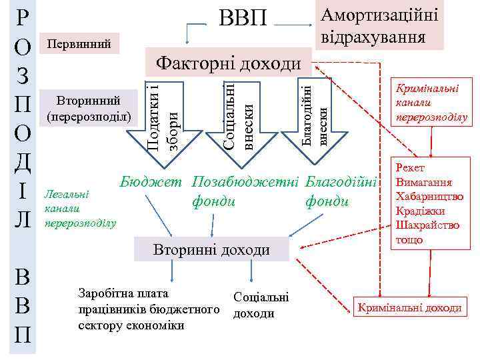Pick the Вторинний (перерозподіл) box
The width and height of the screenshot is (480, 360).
(x=89, y=107)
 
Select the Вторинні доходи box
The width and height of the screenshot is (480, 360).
(x=211, y=250)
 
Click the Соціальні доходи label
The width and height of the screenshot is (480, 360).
(x=261, y=305)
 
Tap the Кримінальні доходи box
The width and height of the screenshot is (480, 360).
(x=409, y=307)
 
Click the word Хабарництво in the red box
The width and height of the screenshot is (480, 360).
(x=427, y=197)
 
